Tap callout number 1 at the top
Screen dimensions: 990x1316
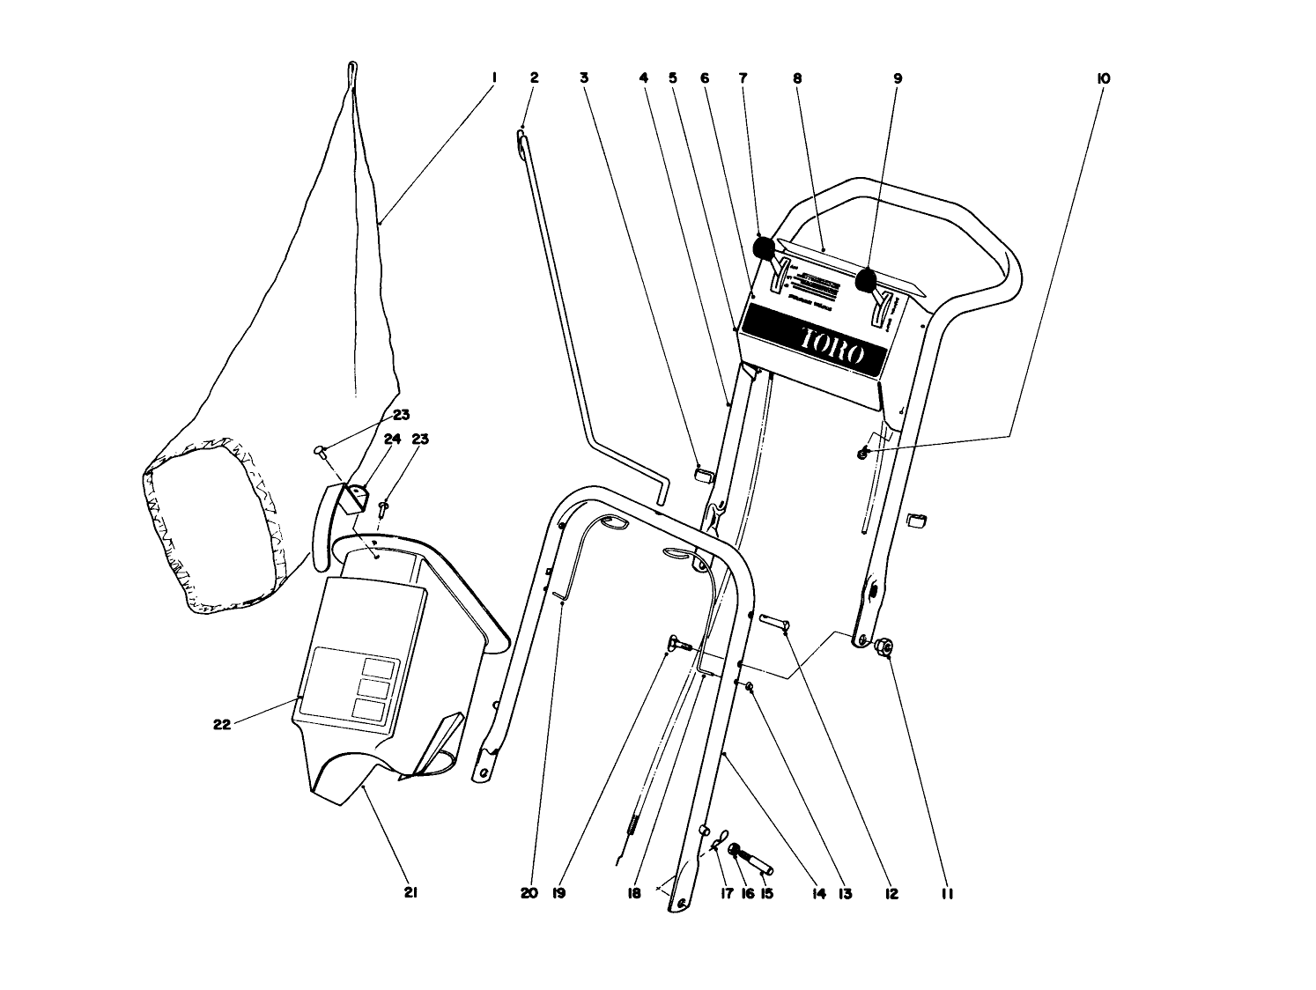[493, 78]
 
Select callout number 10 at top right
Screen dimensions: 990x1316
[1103, 78]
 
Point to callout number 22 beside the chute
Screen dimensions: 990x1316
[222, 725]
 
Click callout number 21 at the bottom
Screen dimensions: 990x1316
[410, 893]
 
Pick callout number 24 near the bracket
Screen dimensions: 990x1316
[391, 439]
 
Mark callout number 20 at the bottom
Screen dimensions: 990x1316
[529, 893]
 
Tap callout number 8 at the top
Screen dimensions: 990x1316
[797, 78]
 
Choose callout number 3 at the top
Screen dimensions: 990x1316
[583, 78]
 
